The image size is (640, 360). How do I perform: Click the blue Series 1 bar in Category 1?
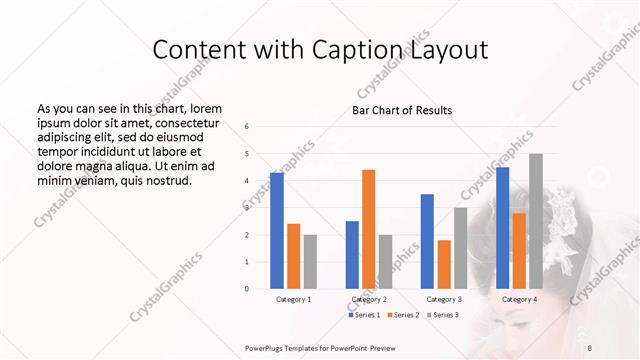point(277,231)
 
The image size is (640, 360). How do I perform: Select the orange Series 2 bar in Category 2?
point(368,229)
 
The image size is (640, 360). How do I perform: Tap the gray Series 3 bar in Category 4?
point(536,221)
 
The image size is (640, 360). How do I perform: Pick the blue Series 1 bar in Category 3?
point(427,241)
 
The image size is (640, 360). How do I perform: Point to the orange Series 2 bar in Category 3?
point(443,264)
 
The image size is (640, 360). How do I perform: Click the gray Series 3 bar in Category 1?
point(310,261)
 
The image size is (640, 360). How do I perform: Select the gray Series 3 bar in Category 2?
point(385,261)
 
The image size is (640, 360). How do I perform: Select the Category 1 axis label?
point(293,299)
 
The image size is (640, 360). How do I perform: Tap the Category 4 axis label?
point(519,299)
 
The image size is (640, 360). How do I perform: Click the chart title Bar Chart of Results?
point(402,110)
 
